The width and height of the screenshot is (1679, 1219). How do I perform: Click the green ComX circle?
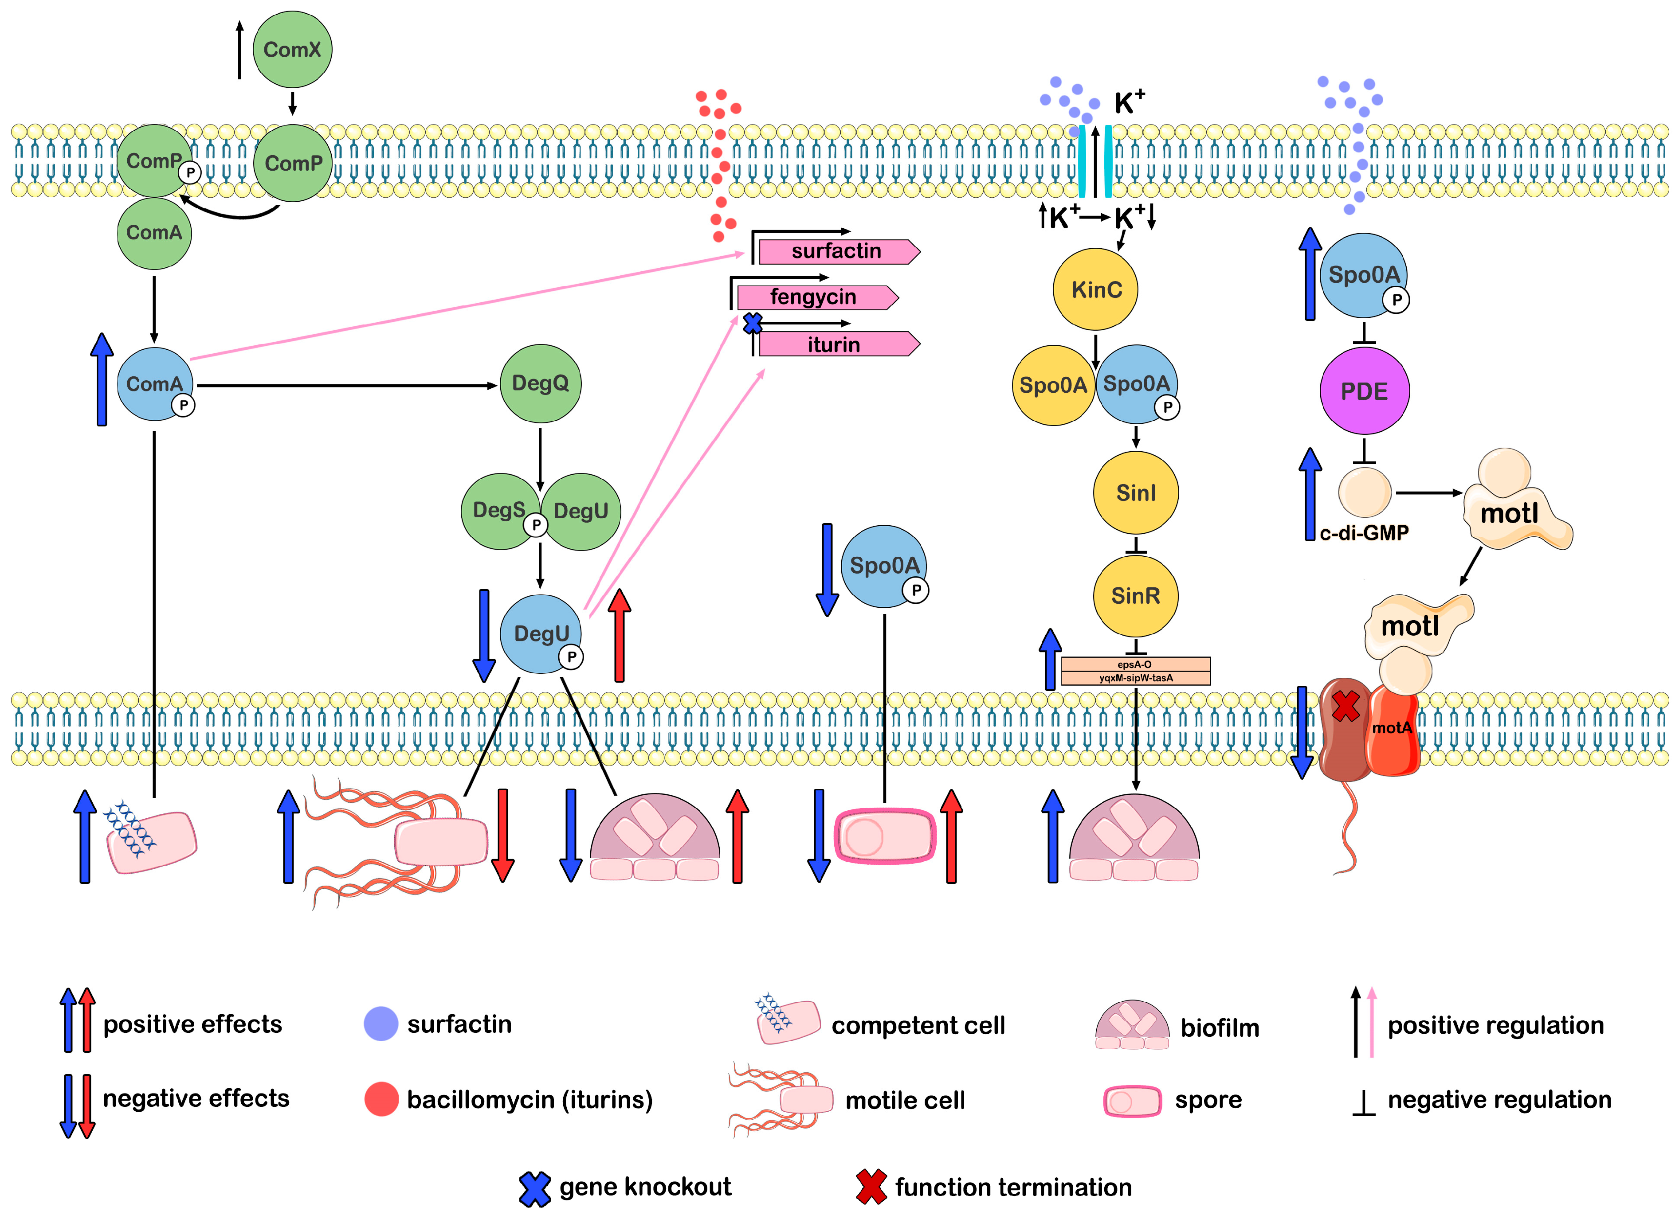pyautogui.click(x=292, y=50)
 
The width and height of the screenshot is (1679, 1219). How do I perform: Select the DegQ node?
pyautogui.click(x=541, y=383)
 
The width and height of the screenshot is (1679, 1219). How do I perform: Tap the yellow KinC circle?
pyautogui.click(x=1096, y=289)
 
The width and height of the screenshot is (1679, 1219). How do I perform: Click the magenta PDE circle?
pyautogui.click(x=1365, y=391)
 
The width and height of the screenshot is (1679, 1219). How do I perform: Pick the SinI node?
pyautogui.click(x=1136, y=493)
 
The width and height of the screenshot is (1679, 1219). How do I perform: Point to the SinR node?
pyautogui.click(x=1136, y=596)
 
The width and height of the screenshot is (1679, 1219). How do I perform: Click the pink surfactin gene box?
pyautogui.click(x=836, y=252)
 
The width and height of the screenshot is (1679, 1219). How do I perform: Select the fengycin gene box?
pyautogui.click(x=814, y=297)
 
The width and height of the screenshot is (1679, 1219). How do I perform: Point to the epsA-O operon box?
pyautogui.click(x=1136, y=664)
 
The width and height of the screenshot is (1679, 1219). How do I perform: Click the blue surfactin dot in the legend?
pyautogui.click(x=381, y=1024)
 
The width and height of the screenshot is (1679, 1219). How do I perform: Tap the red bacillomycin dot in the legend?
pyautogui.click(x=381, y=1099)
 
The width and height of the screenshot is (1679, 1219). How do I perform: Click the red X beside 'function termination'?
pyautogui.click(x=871, y=1187)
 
